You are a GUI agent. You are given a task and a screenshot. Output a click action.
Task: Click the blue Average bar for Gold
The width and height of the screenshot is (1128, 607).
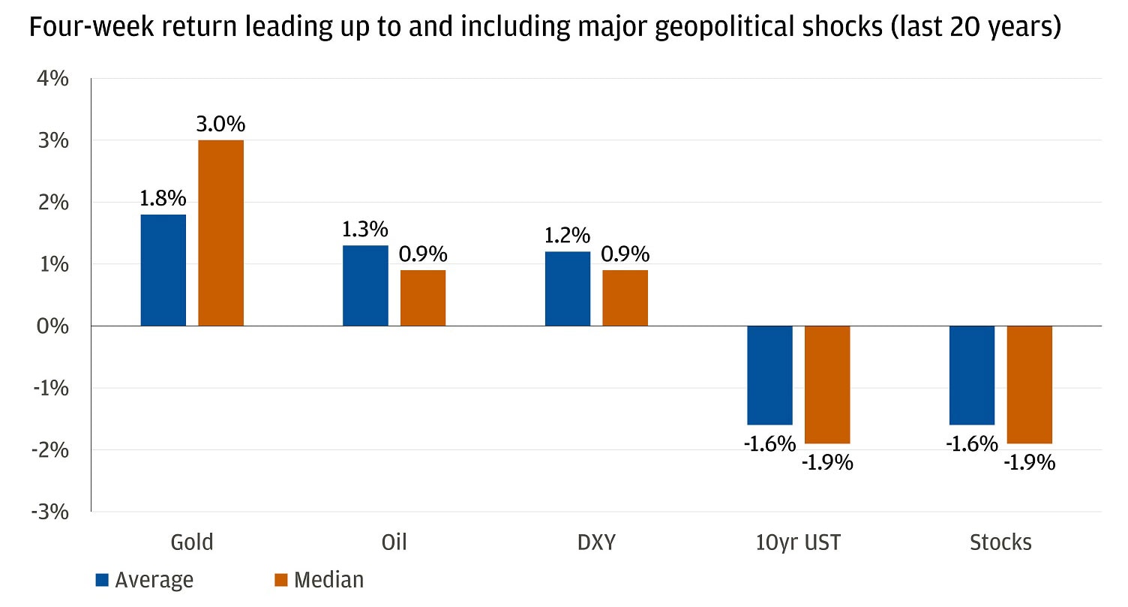point(163,270)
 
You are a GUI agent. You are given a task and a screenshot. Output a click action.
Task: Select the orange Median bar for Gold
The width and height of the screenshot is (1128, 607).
point(220,233)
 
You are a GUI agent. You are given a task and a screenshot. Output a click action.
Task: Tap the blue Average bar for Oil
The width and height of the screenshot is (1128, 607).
point(365,285)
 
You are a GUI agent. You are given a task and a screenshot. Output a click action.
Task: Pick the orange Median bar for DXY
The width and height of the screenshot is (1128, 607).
point(625,298)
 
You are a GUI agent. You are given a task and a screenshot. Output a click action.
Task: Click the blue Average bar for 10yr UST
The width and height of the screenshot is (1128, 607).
point(769,375)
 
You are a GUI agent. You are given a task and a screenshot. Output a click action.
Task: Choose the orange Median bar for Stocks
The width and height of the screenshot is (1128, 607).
point(1029,384)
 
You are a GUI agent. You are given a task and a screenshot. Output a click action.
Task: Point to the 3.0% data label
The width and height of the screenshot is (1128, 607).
point(220,125)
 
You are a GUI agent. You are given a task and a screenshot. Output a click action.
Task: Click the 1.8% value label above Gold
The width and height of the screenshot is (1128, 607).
point(163,199)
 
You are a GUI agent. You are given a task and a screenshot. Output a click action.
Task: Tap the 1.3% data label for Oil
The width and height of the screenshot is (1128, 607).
point(365,230)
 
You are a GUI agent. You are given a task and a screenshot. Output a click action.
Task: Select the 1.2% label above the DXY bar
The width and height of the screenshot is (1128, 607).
point(568,236)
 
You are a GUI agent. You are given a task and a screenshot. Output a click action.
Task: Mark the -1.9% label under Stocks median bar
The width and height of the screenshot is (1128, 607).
point(1029,462)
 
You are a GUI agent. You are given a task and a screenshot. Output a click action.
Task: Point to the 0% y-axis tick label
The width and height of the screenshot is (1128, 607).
point(54,326)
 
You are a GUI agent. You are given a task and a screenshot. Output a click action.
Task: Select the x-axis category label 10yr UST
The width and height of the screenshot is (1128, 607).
point(799,542)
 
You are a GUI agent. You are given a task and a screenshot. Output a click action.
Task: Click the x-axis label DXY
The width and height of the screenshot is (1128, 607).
point(597,542)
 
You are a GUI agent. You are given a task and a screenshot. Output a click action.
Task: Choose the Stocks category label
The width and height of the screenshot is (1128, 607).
point(1000,542)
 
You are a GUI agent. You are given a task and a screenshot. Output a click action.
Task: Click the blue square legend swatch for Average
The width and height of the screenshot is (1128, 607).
point(103,580)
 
